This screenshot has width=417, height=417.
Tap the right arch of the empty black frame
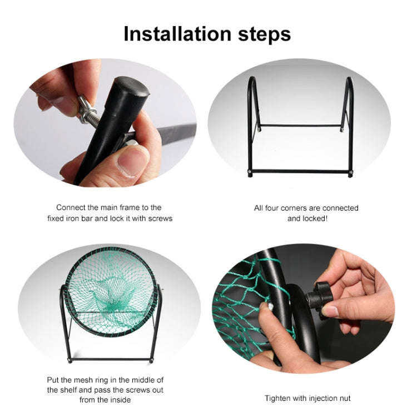click(x=349, y=106)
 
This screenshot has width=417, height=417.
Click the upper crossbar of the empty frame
click(x=300, y=125)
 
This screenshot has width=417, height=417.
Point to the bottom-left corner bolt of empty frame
click(x=250, y=172)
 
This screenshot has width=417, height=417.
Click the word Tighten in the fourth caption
click(x=277, y=398)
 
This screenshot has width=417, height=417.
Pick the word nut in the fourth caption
click(x=344, y=398)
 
